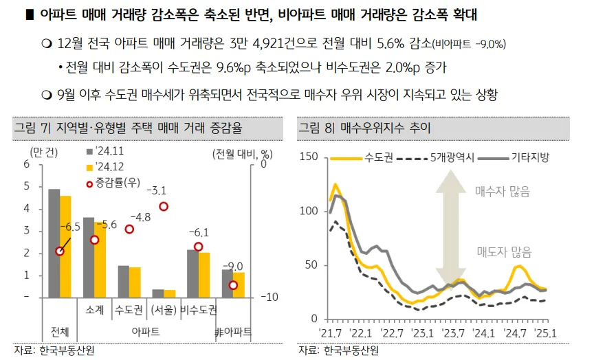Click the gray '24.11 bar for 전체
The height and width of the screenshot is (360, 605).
pos(54,243)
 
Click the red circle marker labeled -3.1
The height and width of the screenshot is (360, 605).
pos(164,207)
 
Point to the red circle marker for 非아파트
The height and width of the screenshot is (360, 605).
pos(234,285)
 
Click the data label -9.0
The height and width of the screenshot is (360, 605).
pos(235,266)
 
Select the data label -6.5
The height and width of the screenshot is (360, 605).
pos(69,226)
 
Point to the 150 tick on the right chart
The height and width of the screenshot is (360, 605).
pos(309,157)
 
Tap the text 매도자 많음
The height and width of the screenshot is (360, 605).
pos(504,252)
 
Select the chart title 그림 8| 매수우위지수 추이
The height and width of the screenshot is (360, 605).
pos(365,127)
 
